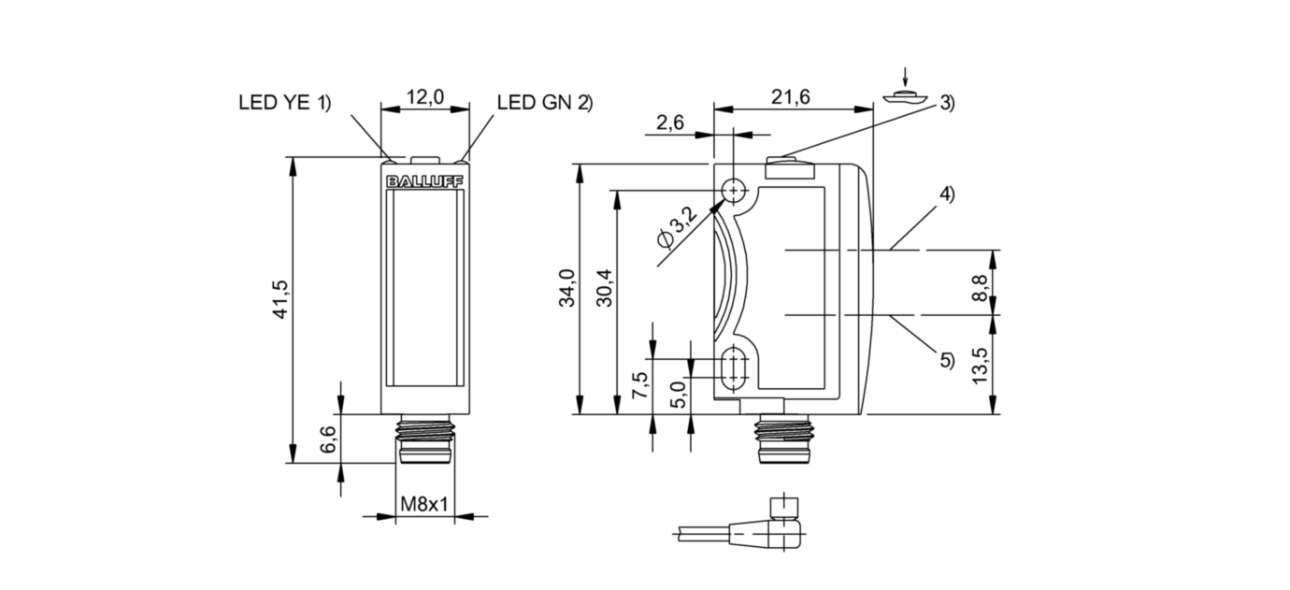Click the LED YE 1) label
285,103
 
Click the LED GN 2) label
545,103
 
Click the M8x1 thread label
425,505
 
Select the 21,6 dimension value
792,96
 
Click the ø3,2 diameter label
678,227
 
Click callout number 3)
947,104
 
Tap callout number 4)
947,195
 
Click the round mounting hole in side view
735,192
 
